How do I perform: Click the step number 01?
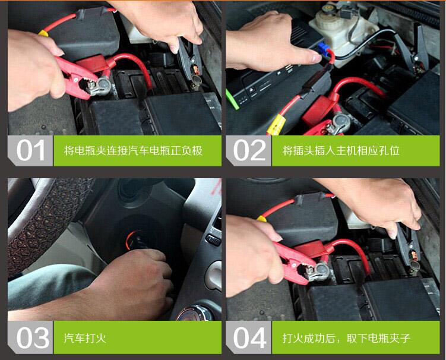(31, 151)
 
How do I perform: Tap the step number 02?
(249, 151)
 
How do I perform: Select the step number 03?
(31, 338)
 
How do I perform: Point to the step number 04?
(249, 338)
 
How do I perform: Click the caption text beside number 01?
(133, 151)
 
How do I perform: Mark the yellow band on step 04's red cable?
(261, 219)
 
